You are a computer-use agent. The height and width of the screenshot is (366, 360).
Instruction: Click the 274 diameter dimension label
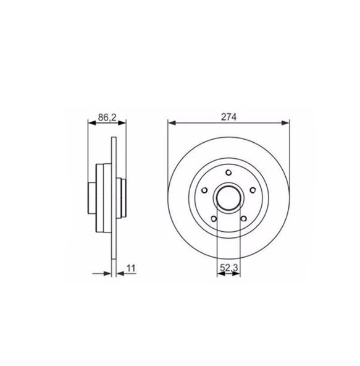228,117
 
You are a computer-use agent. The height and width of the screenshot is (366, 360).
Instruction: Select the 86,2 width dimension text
107,117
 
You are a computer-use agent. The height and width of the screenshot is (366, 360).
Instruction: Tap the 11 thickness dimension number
131,268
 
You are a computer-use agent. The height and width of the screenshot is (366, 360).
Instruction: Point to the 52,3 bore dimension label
228,268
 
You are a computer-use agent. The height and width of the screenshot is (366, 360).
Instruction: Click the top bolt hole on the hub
228,172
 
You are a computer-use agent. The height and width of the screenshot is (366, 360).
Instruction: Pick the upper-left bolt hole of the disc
204,190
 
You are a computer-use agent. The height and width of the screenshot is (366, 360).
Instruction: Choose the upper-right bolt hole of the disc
253,190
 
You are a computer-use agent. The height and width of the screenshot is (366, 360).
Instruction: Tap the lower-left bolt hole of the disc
214,219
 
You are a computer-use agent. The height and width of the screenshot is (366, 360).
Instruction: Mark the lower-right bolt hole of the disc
243,219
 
